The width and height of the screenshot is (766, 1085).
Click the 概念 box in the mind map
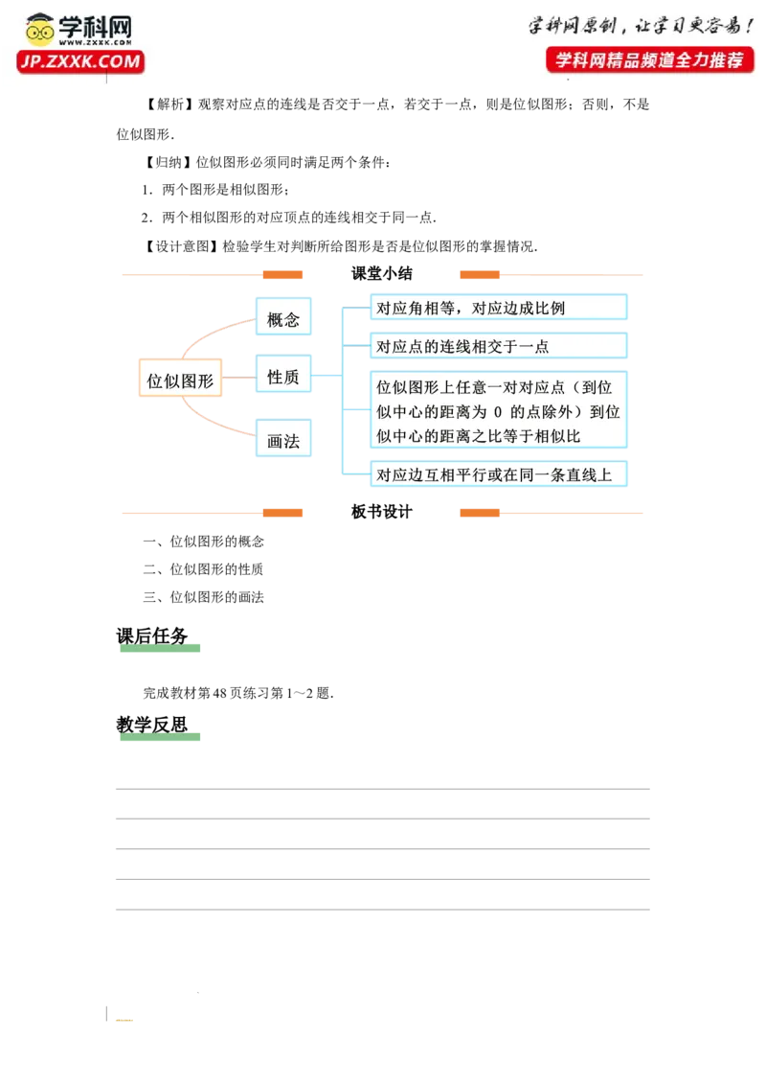(283, 317)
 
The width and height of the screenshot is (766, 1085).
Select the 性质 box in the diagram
(283, 375)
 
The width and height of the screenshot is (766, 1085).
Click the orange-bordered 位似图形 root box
(180, 378)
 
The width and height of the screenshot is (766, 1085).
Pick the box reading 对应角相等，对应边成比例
(499, 308)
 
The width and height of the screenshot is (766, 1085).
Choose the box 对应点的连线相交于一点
(499, 346)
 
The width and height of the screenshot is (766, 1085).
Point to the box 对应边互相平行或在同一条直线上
(499, 474)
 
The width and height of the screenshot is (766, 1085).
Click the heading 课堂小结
(382, 273)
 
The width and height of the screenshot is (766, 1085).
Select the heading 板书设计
(382, 512)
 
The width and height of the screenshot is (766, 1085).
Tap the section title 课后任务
(152, 635)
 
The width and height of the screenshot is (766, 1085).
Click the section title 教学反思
(152, 725)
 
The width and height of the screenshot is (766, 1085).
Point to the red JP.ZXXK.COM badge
(80, 61)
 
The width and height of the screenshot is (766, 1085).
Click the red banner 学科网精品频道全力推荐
(650, 60)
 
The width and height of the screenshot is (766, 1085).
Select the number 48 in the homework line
(220, 693)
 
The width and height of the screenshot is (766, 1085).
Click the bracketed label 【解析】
(169, 104)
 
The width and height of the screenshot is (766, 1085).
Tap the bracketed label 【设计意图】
(182, 246)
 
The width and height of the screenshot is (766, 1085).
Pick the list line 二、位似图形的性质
(203, 569)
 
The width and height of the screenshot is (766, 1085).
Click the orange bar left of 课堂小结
(282, 275)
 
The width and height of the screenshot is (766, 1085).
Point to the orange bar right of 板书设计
(480, 513)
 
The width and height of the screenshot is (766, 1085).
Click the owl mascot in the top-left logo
(40, 30)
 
